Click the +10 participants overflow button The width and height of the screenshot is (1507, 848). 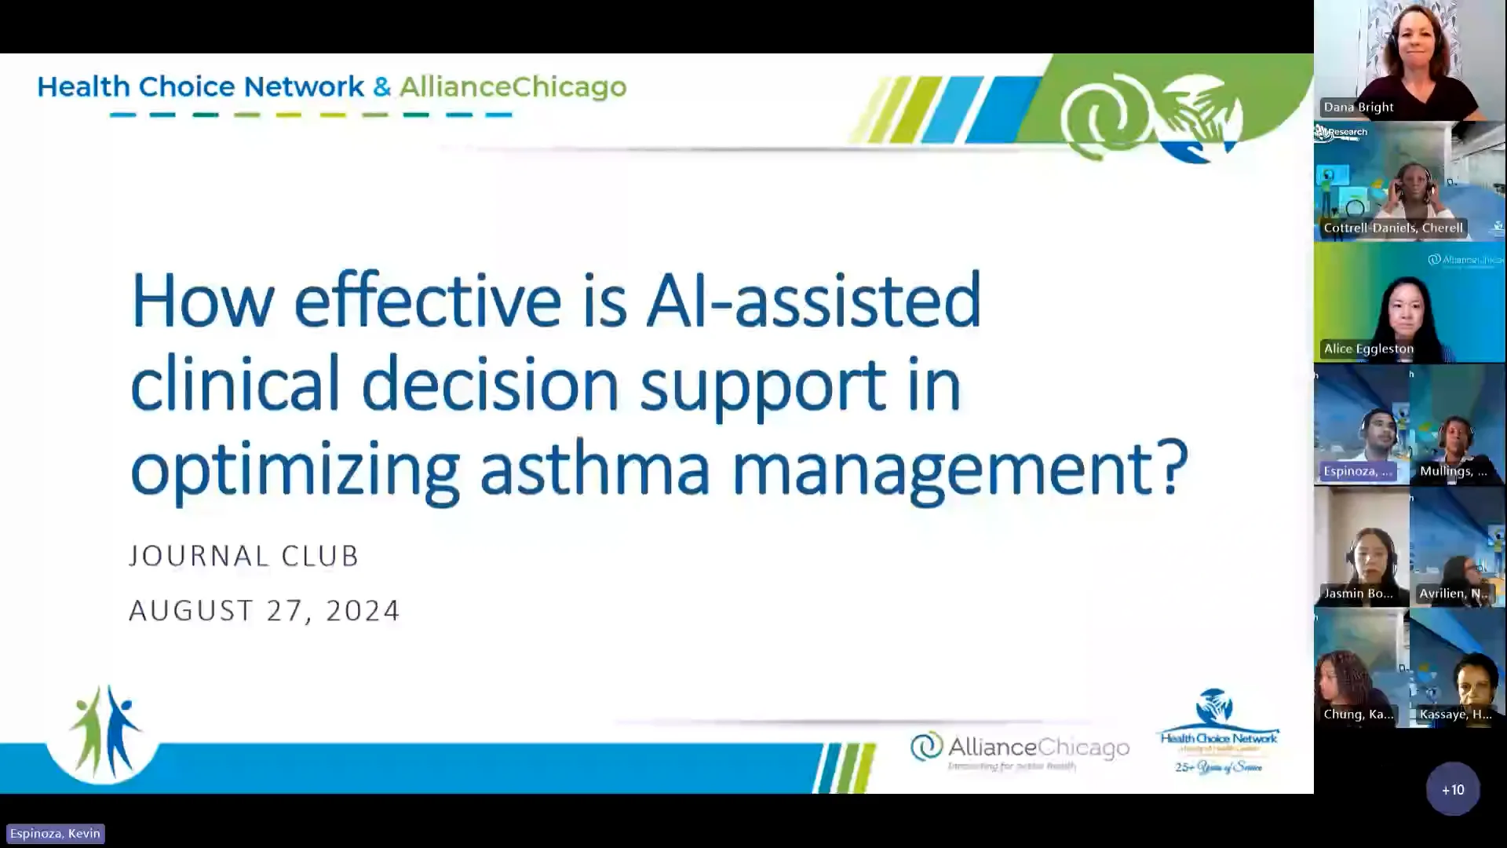pos(1452,789)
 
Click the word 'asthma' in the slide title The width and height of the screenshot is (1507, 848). pos(594,469)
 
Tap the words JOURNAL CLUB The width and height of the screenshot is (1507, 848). pos(243,556)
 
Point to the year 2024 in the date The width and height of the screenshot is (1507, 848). pos(363,610)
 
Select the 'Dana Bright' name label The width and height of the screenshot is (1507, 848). pos(1358,107)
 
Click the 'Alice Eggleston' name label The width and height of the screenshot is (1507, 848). pos(1368,349)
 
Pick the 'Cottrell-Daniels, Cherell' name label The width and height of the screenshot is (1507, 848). pos(1392,228)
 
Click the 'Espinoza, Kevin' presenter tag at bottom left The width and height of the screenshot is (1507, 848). pos(55,833)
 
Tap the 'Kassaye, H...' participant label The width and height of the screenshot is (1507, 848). pos(1455,714)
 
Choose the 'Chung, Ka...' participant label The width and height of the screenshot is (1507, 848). pos(1358,714)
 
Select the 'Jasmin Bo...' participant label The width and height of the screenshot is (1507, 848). pos(1358,593)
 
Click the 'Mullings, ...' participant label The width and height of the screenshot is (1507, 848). pos(1453,471)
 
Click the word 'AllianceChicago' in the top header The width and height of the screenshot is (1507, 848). pos(513,86)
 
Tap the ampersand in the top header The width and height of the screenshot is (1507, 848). pos(381,86)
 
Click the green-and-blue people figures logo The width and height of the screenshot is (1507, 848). pos(104,732)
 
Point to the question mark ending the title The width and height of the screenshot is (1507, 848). pos(1173,469)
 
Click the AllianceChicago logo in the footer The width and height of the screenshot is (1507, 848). pos(1019,750)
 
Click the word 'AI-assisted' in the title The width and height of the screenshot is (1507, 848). pos(813,300)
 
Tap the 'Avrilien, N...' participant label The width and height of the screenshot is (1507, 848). pos(1453,593)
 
